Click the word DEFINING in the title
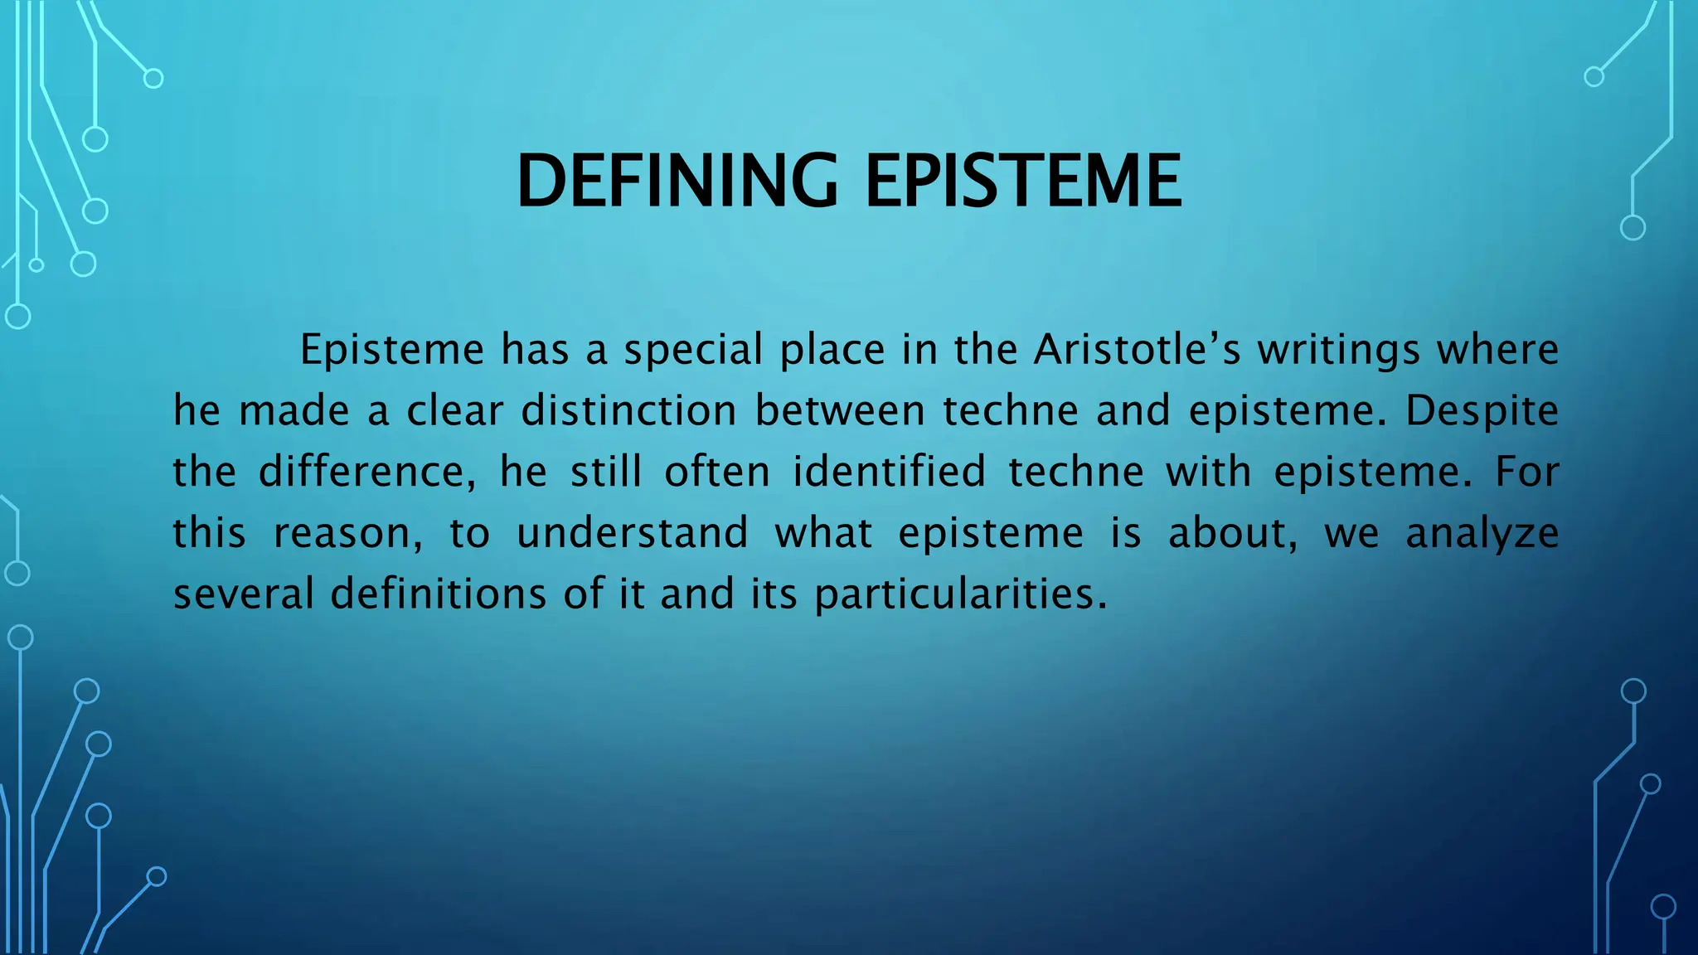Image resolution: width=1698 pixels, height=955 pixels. (x=677, y=182)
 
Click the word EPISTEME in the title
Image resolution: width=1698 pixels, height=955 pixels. (x=1023, y=182)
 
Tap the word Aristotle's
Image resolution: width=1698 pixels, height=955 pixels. (x=1137, y=350)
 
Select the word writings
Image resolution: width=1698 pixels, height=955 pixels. (x=1338, y=350)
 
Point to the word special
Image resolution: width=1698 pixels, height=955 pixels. (x=693, y=350)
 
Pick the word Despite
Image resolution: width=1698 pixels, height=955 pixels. (x=1482, y=411)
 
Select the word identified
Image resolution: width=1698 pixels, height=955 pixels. (x=889, y=472)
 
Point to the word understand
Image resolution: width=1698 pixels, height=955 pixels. (x=633, y=533)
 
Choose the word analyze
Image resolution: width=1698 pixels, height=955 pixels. (x=1482, y=533)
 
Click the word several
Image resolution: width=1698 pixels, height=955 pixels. (x=243, y=594)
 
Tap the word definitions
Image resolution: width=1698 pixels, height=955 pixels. (x=439, y=594)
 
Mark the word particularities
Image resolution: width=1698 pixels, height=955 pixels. (x=960, y=594)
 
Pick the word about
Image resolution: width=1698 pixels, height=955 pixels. (x=1232, y=533)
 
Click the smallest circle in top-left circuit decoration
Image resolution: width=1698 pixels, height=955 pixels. (x=36, y=265)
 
